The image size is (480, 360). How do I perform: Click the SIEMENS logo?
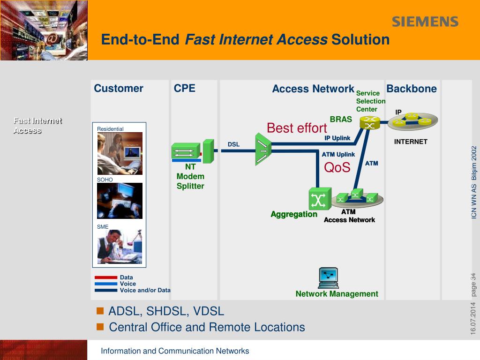coord(425,22)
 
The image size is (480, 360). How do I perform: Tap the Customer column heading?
coord(119,89)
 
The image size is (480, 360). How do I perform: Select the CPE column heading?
coord(185,89)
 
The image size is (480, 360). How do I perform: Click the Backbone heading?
coord(412,89)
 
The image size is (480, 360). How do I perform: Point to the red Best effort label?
coord(297,128)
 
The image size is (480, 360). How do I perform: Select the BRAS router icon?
coord(370,123)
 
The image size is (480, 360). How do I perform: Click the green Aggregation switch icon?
coord(320,199)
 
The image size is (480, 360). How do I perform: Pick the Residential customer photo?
coord(120,153)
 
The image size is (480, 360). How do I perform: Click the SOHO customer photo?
coord(120,201)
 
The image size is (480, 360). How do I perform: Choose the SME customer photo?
coord(120,247)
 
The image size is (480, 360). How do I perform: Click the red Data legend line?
coord(106,277)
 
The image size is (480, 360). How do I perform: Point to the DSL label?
coord(233,144)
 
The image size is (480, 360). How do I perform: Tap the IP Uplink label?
coord(337,138)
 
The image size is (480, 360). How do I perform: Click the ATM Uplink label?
coord(338,155)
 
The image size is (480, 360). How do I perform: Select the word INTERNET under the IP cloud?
coord(411,142)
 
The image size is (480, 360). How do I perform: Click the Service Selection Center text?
coord(370,101)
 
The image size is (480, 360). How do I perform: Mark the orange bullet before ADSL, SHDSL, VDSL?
coord(100,311)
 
